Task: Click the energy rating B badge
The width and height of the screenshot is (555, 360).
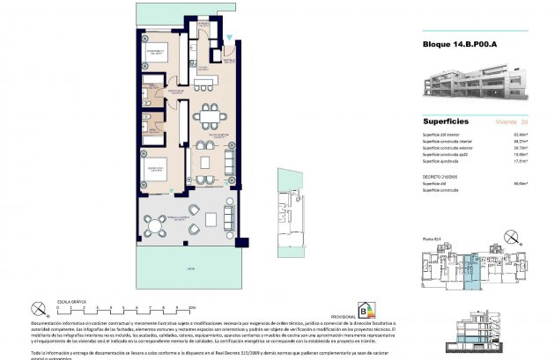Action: tap(365, 310)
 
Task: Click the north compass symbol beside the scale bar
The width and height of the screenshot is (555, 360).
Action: tap(39, 309)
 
